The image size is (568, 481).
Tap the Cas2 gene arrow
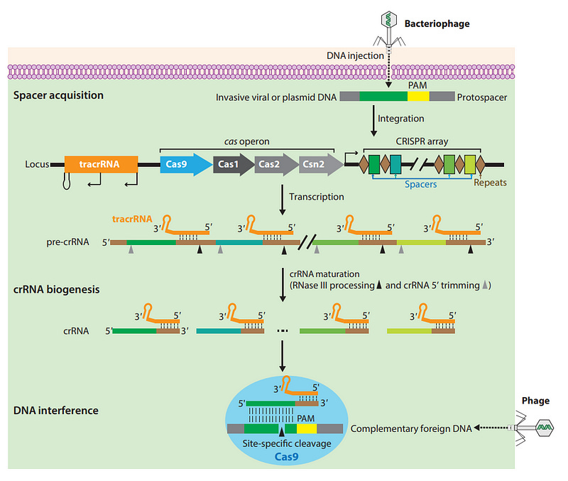coord(273,164)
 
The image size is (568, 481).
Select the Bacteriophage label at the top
coord(437,24)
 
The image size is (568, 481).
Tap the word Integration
coord(401,118)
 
